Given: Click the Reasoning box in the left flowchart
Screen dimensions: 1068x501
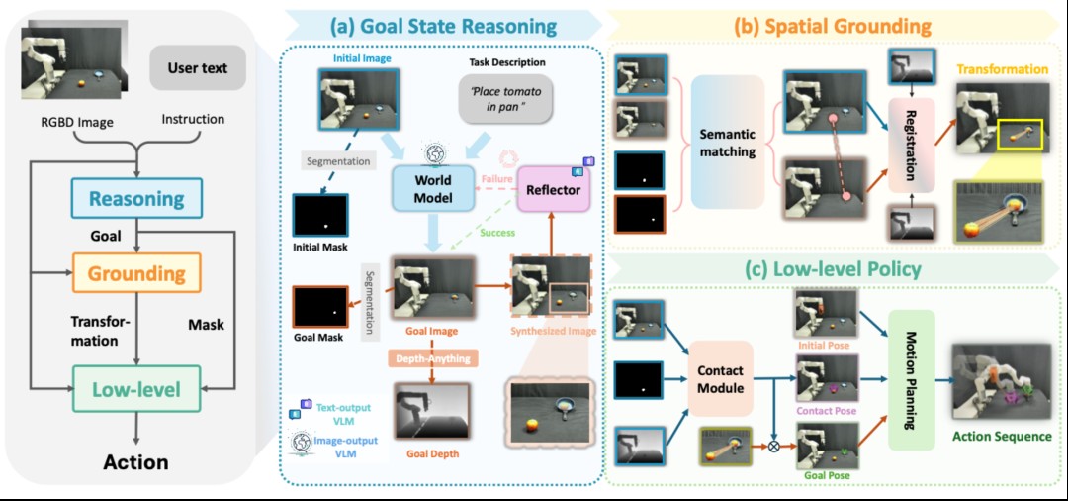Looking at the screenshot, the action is [x=136, y=198].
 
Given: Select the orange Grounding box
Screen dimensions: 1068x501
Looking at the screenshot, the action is [x=136, y=273].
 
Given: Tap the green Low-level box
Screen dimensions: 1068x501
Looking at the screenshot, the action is [x=136, y=389].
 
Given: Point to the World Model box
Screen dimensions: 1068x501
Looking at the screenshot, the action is [x=432, y=189].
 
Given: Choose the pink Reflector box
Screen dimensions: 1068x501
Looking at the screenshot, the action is [x=553, y=189].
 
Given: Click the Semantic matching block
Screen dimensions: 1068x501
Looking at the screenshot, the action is [x=728, y=143].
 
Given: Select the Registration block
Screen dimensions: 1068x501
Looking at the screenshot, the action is [x=912, y=146].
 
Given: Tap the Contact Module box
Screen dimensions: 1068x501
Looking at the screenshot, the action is [x=721, y=379].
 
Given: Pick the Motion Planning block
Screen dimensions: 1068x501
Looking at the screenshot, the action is [x=912, y=379].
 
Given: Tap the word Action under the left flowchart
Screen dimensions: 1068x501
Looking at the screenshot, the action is [x=135, y=462].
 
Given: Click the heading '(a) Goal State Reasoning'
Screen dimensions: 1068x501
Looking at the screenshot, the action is [x=443, y=26].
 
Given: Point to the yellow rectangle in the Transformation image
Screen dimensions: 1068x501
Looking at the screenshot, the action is [x=1019, y=133].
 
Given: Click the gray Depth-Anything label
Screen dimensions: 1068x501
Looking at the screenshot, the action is [x=431, y=356].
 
